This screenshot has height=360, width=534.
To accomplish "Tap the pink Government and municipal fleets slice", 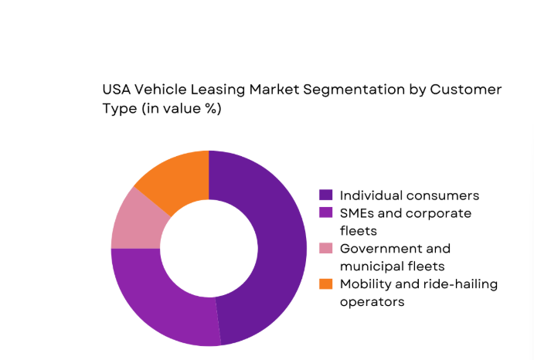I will (138, 219).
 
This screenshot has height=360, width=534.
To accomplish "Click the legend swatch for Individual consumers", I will (326, 195).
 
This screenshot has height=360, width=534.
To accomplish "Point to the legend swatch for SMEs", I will (326, 212).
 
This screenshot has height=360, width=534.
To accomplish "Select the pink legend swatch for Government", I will (326, 248).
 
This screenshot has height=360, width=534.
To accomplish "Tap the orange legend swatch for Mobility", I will (326, 284).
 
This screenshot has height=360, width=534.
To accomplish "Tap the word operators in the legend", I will (372, 302).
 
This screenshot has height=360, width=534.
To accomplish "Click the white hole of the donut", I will (209, 248).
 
